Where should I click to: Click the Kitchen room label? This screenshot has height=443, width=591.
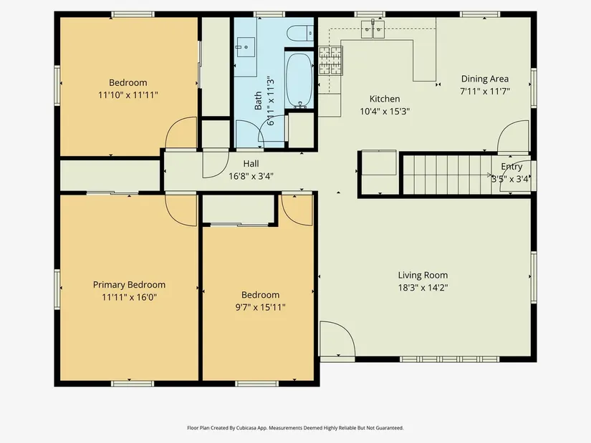(x=385, y=99)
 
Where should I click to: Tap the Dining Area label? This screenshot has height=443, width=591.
(x=485, y=79)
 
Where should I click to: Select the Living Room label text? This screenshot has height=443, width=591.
(x=423, y=276)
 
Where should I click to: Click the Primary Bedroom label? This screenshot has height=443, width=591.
(x=129, y=285)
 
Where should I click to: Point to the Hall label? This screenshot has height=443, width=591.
(x=251, y=163)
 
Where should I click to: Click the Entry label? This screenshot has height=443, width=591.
(x=511, y=167)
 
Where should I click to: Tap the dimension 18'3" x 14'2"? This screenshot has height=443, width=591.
(x=423, y=288)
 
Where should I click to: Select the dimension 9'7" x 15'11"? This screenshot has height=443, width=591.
(x=261, y=308)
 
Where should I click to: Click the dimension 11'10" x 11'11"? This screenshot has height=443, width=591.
(x=128, y=95)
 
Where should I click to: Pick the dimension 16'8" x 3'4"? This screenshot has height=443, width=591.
(x=251, y=176)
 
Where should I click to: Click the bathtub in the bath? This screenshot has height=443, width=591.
(x=299, y=80)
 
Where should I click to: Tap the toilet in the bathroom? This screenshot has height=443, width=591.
(x=300, y=33)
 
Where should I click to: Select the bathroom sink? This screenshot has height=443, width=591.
(x=246, y=47)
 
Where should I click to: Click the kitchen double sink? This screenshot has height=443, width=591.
(x=373, y=29)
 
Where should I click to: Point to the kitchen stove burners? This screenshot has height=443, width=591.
(x=330, y=60)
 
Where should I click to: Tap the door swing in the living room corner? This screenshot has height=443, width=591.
(x=337, y=339)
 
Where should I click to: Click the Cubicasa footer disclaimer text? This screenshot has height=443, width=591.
(x=295, y=428)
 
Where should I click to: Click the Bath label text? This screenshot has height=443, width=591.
(x=258, y=101)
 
